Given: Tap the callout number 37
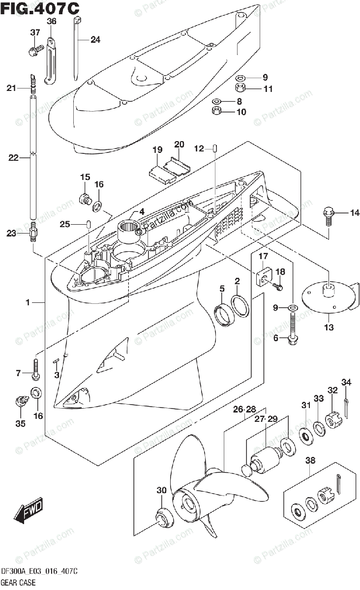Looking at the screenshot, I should pyautogui.click(x=35, y=33).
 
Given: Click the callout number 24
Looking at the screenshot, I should pyautogui.click(x=95, y=40).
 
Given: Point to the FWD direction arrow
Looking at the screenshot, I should pyautogui.click(x=29, y=512).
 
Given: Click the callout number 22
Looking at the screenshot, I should pyautogui.click(x=13, y=158).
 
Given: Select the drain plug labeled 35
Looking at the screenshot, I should pyautogui.click(x=21, y=400).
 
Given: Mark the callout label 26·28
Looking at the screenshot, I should pyautogui.click(x=244, y=409).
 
